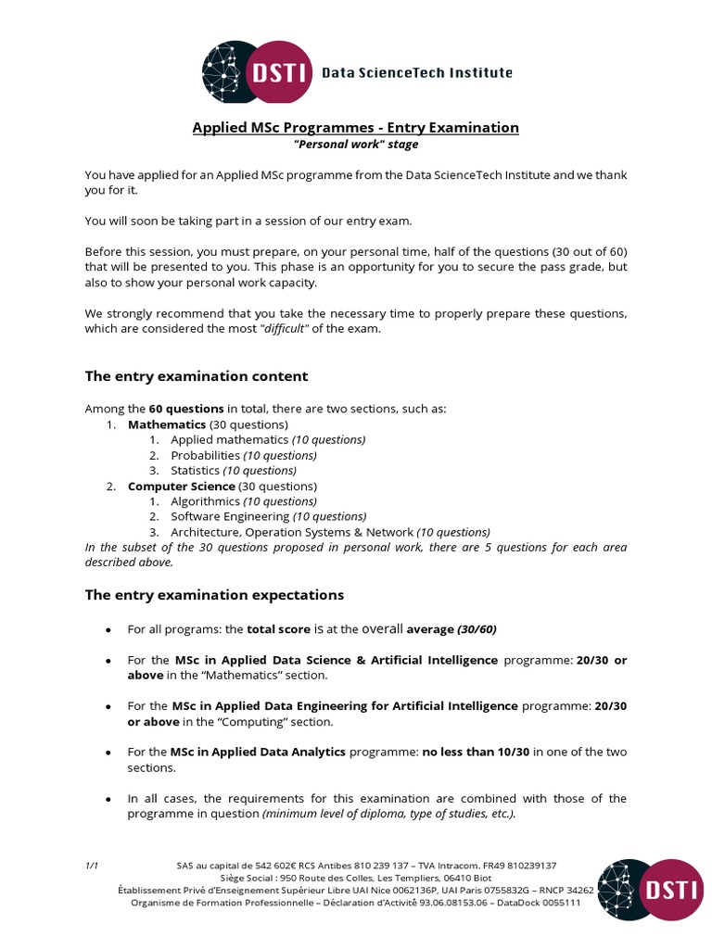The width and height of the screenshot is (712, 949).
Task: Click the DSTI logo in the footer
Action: point(649,889)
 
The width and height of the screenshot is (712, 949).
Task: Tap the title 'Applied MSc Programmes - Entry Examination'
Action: point(355,127)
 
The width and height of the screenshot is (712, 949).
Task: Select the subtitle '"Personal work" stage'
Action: point(355,145)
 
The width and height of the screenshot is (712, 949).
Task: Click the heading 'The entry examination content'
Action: point(197,376)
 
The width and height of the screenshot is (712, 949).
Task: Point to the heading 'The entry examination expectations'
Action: point(214,595)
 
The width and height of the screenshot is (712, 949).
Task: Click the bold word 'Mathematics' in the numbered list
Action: point(167,424)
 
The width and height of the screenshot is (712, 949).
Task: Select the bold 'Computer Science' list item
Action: point(181,487)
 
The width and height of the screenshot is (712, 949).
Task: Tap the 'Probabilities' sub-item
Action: point(206,455)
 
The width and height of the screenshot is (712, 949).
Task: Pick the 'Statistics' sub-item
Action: point(196,471)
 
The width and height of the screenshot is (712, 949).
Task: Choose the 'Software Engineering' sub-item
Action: point(230,517)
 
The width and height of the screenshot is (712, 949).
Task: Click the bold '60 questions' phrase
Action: point(186,409)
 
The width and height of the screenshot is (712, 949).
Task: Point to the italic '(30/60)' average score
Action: point(477,629)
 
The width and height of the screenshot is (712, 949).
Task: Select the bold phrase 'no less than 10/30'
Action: point(476,752)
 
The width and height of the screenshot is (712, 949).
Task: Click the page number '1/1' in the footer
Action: point(92,866)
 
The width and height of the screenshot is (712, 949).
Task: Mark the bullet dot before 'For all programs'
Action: point(108,630)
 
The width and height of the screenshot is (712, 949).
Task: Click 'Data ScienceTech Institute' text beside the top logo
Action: point(416,72)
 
